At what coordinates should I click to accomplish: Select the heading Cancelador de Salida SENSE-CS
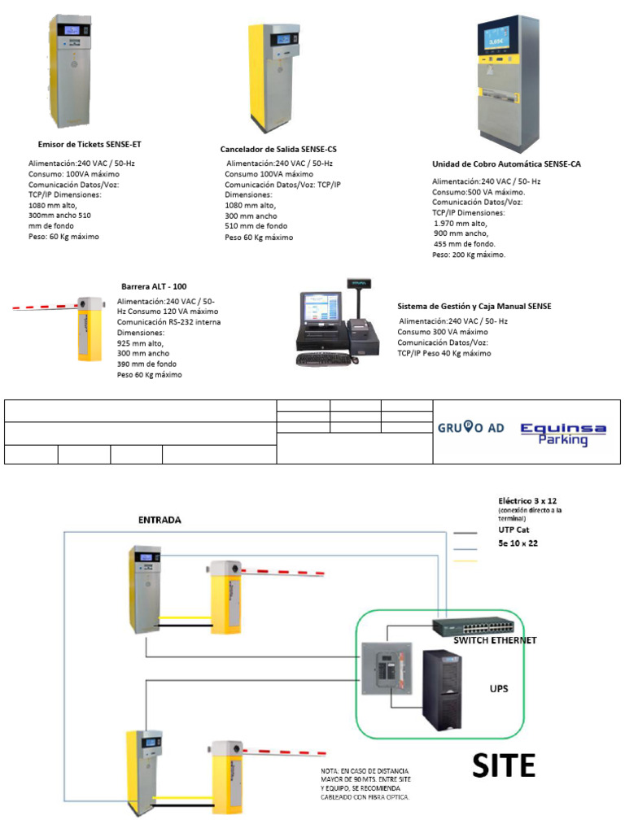[278, 150]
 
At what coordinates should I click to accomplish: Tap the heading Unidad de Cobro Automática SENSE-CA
[506, 164]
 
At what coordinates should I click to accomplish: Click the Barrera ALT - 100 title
[154, 286]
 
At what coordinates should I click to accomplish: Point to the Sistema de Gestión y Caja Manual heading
[474, 306]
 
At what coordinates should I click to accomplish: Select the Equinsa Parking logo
[563, 433]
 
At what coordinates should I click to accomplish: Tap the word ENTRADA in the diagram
[160, 519]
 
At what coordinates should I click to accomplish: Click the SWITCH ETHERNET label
[495, 640]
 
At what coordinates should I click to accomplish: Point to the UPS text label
[498, 687]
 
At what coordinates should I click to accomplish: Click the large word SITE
[505, 765]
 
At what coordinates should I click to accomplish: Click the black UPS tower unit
[442, 690]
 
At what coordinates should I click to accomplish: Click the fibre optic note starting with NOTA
[365, 783]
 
